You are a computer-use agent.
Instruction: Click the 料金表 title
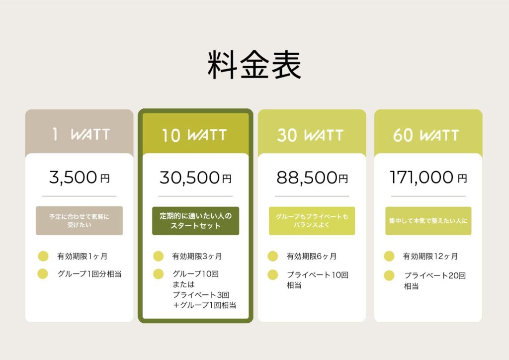[x=254, y=65]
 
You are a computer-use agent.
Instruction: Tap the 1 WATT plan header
[x=81, y=134]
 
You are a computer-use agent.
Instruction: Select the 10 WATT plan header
[x=194, y=135]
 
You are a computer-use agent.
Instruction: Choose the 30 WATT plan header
[x=310, y=135]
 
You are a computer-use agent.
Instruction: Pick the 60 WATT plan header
[x=426, y=135]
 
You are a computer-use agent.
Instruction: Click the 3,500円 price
[x=79, y=178]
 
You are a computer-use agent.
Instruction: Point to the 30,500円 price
[x=195, y=178]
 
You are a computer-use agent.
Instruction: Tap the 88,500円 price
[x=312, y=178]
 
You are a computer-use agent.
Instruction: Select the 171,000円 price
[x=428, y=178]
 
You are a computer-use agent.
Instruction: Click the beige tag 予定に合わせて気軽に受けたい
[x=79, y=221]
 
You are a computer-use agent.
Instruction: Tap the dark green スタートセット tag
[x=195, y=221]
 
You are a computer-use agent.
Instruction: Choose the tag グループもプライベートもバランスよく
[x=312, y=221]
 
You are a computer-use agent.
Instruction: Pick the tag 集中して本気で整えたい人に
[x=428, y=221]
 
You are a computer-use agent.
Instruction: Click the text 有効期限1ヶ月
[x=82, y=256]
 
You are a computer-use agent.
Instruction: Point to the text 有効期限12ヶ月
[x=430, y=256]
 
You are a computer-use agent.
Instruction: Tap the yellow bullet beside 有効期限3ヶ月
[x=159, y=256]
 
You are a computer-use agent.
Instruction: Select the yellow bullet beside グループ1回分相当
[x=43, y=273]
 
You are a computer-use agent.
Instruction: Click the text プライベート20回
[x=435, y=275]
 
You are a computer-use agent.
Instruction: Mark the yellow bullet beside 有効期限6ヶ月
[x=273, y=256]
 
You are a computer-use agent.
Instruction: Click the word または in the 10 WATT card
[x=184, y=284]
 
